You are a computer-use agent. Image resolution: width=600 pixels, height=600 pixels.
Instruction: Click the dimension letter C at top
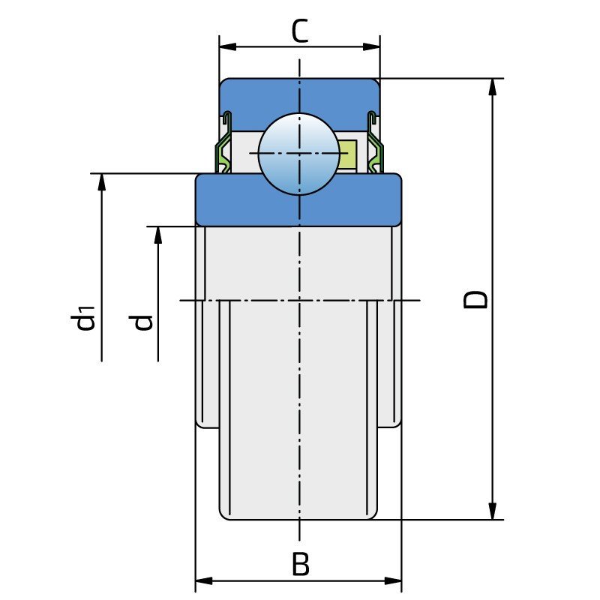299,31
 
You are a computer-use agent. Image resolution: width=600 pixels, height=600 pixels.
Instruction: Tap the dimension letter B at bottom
301,564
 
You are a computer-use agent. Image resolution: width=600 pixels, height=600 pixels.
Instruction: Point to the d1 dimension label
82,317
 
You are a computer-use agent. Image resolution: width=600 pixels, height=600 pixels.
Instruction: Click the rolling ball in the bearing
299,154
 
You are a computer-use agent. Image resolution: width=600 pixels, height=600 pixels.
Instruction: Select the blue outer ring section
299,104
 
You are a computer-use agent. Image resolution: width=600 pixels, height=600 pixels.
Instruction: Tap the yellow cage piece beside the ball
349,154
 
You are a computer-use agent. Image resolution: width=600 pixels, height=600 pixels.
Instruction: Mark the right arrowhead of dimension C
371,46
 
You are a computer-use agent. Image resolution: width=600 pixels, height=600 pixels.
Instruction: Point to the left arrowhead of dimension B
204,580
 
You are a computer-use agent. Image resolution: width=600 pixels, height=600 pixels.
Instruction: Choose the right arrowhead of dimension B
393,580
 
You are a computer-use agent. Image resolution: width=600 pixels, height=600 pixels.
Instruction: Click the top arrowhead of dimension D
493,87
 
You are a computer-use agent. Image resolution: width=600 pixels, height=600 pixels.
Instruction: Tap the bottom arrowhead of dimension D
493,511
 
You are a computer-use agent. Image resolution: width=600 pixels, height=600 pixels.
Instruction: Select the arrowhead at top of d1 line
101,182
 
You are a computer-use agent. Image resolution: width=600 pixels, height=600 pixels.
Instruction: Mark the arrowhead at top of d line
158,235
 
